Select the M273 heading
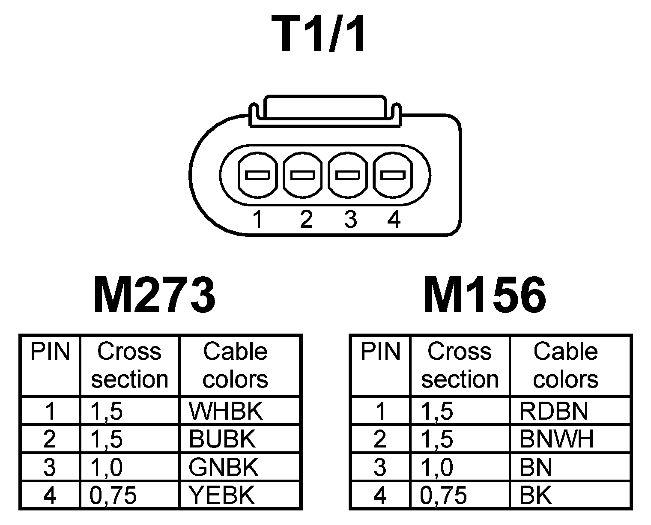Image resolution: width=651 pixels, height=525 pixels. tap(154, 295)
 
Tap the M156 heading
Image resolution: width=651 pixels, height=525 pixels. tap(484, 295)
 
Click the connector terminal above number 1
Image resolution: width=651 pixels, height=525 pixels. tap(257, 175)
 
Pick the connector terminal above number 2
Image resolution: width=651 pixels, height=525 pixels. tap(303, 175)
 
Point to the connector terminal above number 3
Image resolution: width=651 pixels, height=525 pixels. tap(348, 175)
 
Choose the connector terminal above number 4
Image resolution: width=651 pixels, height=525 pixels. tap(393, 175)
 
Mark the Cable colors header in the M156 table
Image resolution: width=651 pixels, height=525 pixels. tap(565, 365)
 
